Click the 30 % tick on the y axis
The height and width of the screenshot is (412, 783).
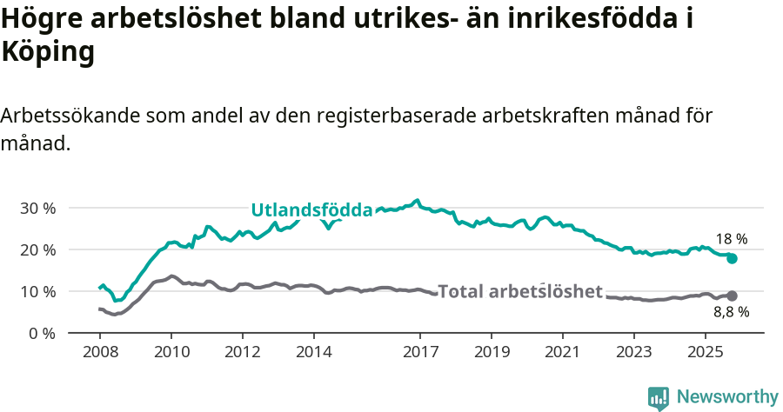pos(37,208)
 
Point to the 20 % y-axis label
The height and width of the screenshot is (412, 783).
pos(37,249)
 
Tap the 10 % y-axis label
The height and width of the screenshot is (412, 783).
pos(37,291)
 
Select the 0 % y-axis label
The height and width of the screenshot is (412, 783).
pos(42,333)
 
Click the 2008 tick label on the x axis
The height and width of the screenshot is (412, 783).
pos(100,352)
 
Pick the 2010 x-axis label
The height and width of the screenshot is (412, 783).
pos(171,352)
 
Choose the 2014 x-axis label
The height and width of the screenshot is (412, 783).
pos(313,352)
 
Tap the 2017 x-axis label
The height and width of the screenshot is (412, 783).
pos(420,352)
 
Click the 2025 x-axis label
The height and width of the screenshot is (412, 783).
pos(705,352)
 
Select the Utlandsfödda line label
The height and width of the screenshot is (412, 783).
pos(311,209)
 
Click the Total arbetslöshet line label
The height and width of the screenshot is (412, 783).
pos(519,291)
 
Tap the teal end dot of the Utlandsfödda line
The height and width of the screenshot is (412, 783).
pos(732,258)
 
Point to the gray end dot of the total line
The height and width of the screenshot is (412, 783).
pos(732,296)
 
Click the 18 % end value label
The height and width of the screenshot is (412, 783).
pos(732,239)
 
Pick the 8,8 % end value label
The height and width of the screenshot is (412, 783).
pos(731,311)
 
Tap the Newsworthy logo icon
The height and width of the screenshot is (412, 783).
pos(659,397)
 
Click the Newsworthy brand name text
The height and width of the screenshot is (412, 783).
pos(727,397)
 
